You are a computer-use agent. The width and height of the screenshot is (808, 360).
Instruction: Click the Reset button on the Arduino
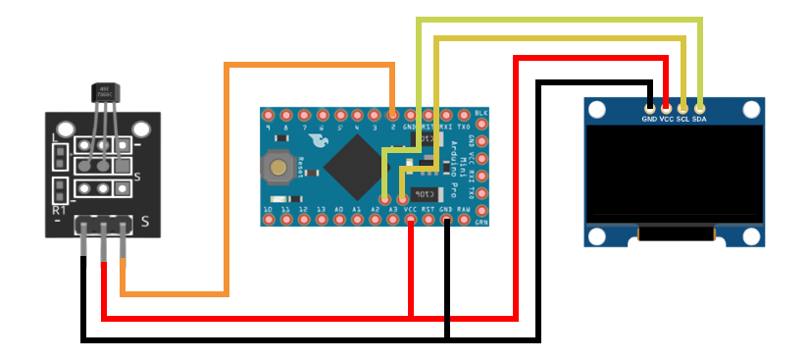click(280, 169)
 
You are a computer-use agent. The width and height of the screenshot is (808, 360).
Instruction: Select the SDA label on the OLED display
click(700, 119)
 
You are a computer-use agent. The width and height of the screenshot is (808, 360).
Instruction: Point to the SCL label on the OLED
click(682, 119)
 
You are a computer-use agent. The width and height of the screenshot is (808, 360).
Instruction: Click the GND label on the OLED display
click(649, 119)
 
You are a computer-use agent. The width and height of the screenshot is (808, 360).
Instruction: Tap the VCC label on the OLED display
click(666, 119)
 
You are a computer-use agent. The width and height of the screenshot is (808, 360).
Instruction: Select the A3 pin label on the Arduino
click(392, 210)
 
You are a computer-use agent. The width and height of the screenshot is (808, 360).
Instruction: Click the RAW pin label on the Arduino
click(464, 210)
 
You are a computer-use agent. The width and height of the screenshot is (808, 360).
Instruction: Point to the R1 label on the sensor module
click(59, 210)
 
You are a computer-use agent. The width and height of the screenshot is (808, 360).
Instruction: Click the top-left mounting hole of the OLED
click(597, 109)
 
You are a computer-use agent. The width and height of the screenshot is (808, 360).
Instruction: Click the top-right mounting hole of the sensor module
click(142, 129)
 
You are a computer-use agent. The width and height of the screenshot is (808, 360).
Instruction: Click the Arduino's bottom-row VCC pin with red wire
click(410, 221)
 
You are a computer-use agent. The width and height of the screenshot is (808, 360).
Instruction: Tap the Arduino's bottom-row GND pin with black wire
click(446, 221)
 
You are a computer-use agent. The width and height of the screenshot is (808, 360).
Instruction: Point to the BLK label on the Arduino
click(480, 114)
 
